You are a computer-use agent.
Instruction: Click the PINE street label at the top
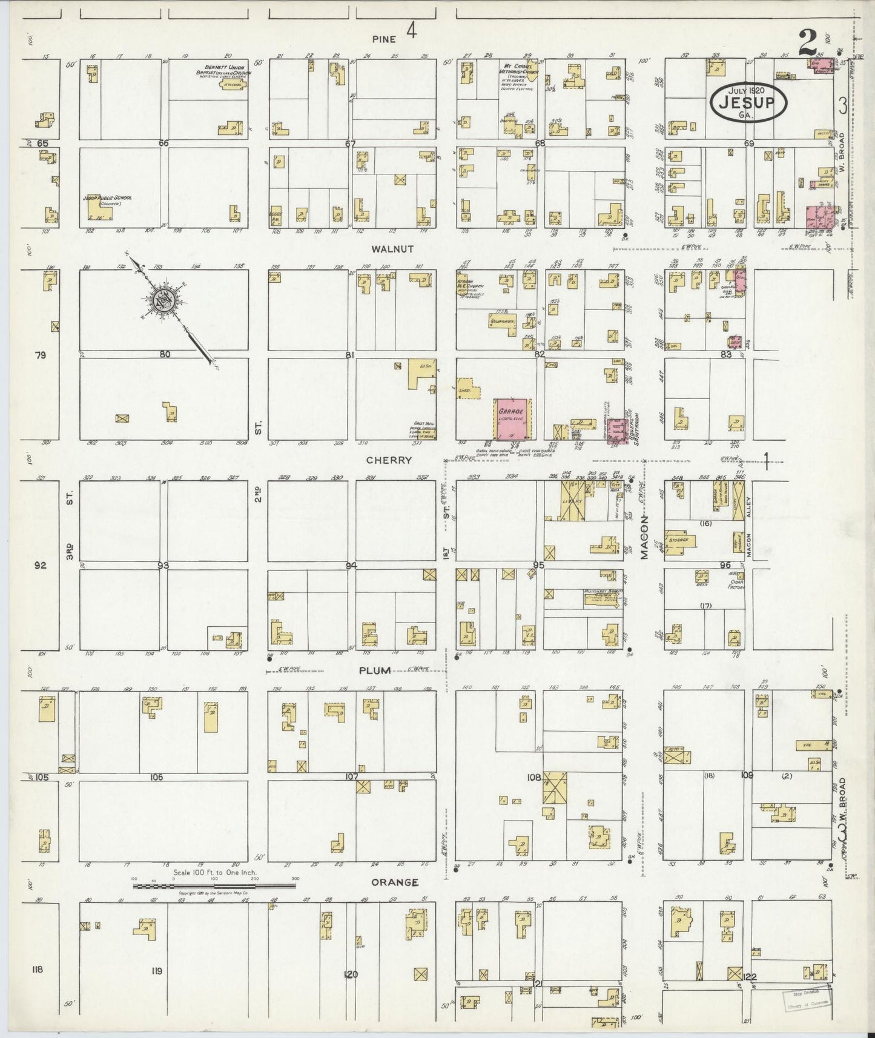coord(385,39)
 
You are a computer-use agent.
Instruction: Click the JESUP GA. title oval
coord(748,102)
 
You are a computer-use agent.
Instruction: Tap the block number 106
coord(157,776)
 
